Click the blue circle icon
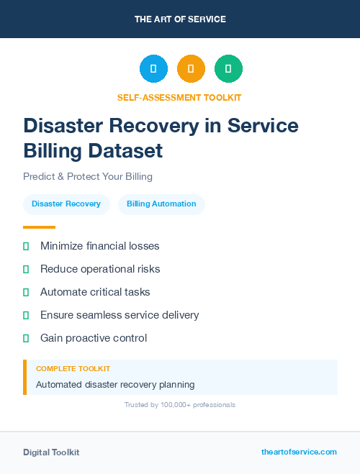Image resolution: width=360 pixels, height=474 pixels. coord(153,68)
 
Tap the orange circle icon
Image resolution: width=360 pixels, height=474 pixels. coord(191,68)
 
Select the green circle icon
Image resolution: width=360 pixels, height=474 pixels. coord(228,68)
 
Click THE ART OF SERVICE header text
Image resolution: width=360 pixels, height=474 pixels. coord(180,19)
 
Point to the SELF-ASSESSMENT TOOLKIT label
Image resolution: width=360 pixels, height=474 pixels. coord(179,97)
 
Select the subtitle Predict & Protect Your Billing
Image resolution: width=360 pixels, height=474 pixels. coord(88,176)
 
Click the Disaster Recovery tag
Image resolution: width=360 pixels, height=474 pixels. coord(66,204)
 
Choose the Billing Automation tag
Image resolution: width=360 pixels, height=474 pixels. coord(161,204)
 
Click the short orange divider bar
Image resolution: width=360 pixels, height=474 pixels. coord(39,227)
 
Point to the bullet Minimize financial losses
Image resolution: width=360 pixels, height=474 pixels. coord(99,246)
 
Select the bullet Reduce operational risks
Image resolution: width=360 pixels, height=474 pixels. coord(100,269)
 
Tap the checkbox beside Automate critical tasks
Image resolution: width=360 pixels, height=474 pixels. coord(26,292)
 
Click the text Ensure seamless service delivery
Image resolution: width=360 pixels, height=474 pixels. coord(120,315)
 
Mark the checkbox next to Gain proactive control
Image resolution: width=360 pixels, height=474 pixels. coord(26,338)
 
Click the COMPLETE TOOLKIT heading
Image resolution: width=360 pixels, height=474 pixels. coord(73,369)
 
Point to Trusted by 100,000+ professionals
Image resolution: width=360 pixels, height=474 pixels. coord(180,405)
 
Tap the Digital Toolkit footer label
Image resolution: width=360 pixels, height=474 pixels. coord(51,452)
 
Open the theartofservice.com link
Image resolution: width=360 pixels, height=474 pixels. coord(299,452)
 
